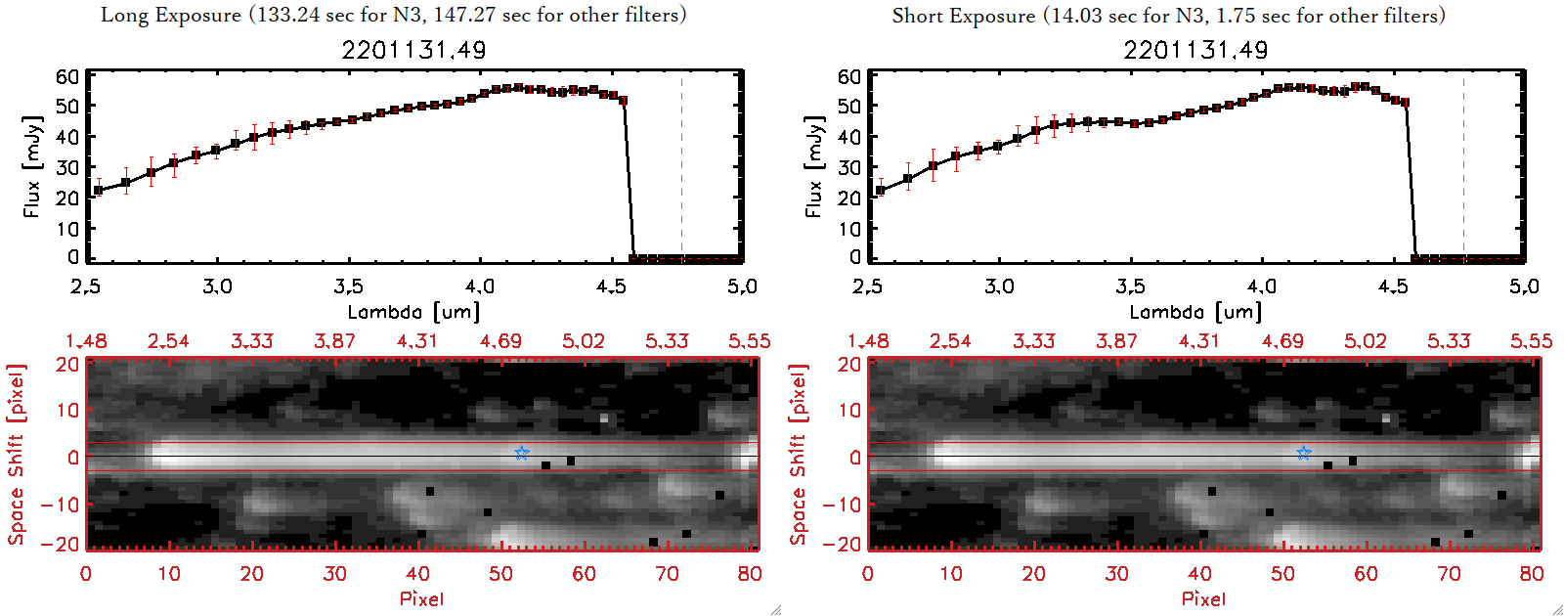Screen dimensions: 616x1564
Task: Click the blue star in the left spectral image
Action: tap(521, 453)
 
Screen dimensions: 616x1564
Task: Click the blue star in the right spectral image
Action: tap(1303, 453)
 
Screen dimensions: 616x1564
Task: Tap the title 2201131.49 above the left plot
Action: tap(413, 50)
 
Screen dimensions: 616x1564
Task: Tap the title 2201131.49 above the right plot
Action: tap(1195, 50)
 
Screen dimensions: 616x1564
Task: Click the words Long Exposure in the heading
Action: tap(171, 15)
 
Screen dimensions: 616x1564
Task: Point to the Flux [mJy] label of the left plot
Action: tap(32, 166)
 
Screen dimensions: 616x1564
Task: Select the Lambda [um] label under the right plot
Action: tap(1195, 312)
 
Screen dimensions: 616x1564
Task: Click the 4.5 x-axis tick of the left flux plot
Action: tap(611, 286)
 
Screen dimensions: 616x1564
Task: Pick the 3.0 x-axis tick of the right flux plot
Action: tap(999, 286)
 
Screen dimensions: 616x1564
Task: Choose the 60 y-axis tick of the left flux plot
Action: tap(67, 76)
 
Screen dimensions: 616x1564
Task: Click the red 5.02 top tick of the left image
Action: tap(584, 341)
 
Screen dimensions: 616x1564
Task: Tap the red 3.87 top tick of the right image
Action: tap(1116, 341)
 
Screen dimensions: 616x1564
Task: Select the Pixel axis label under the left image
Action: tap(421, 598)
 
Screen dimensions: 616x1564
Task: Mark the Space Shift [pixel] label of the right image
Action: tap(799, 455)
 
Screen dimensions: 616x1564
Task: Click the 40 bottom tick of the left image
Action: tap(417, 574)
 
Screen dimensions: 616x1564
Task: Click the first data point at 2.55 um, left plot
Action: tap(98, 190)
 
